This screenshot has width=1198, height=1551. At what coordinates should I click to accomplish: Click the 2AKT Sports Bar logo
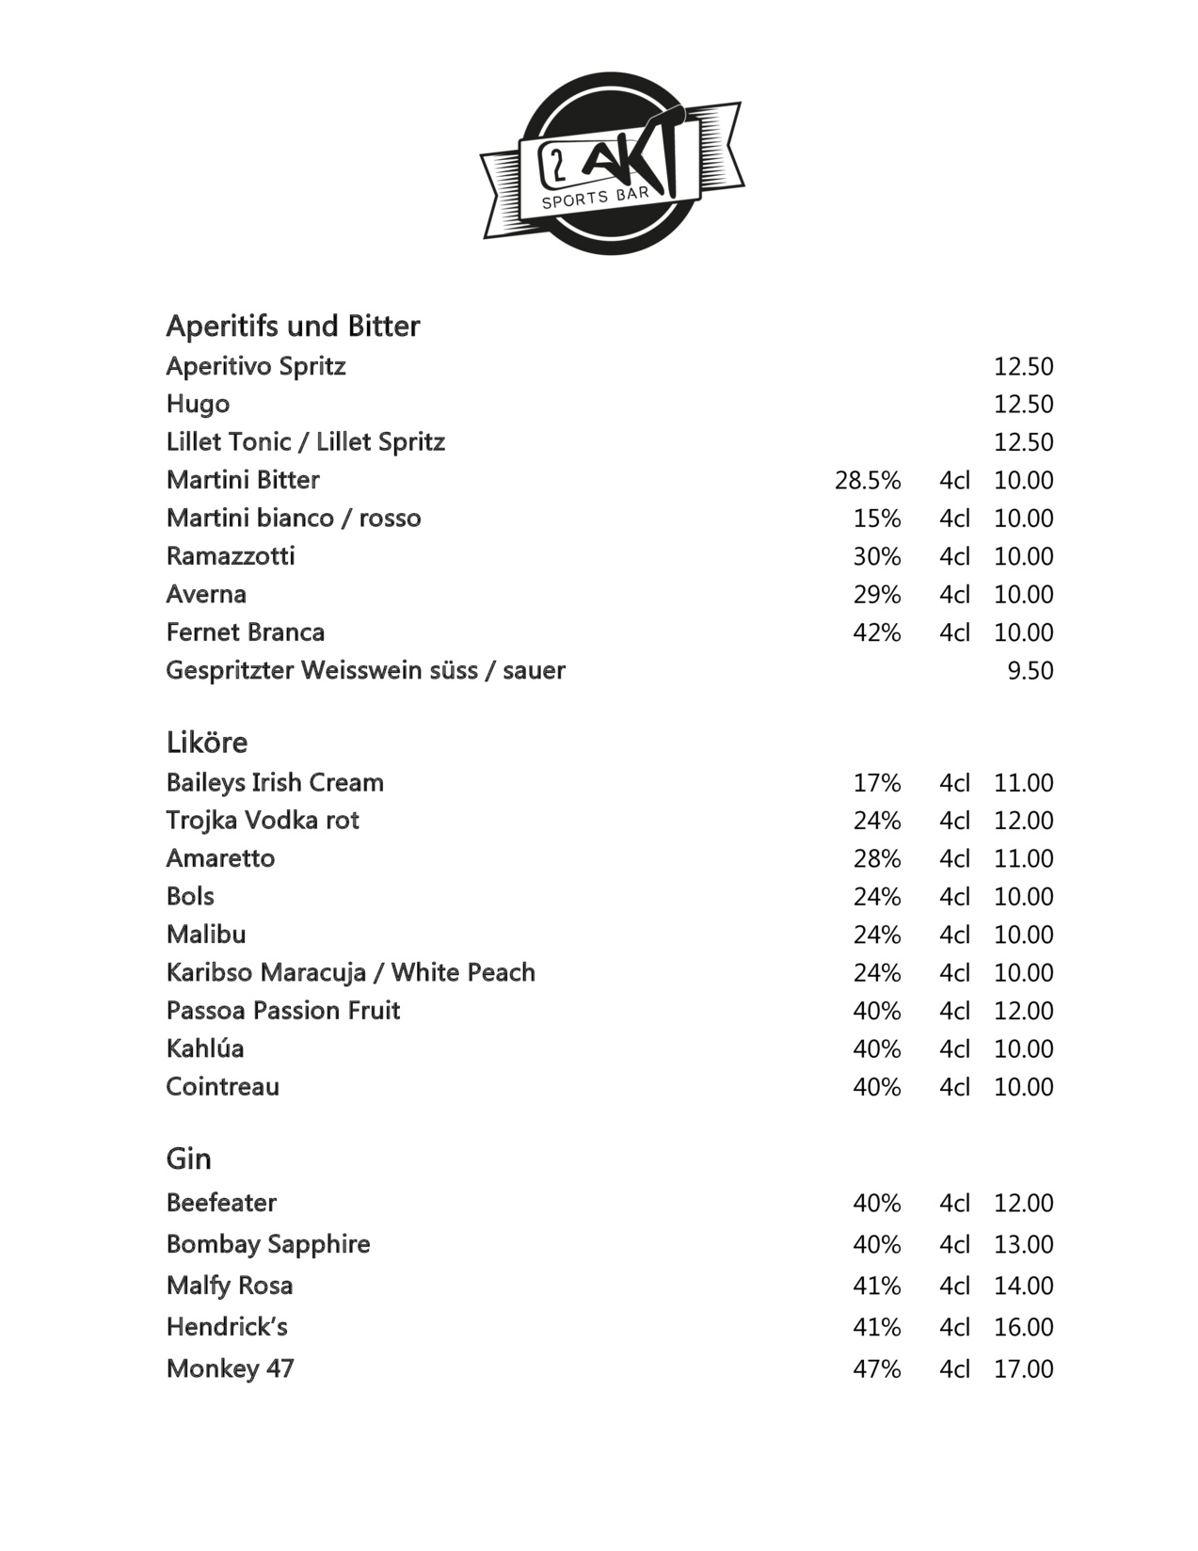(613, 163)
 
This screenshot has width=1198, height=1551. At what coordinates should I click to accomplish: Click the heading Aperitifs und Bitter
(293, 326)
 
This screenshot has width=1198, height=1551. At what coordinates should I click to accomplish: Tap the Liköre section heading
(207, 743)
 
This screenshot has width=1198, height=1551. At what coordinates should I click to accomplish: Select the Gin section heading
(188, 1159)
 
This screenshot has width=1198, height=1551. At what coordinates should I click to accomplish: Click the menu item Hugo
(198, 404)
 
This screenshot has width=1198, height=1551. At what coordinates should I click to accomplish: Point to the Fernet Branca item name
(246, 632)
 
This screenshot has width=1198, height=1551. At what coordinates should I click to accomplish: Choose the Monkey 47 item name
(230, 1368)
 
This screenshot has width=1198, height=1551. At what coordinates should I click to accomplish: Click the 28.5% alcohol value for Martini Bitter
(867, 481)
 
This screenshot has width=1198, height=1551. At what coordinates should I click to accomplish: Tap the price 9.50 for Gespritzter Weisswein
(1030, 671)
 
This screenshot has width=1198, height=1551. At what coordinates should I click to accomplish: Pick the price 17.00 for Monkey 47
(1023, 1369)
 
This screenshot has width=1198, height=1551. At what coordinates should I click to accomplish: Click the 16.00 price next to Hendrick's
(1023, 1327)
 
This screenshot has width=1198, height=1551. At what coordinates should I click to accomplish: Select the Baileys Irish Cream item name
(275, 783)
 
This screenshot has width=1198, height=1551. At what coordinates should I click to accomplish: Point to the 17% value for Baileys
(876, 783)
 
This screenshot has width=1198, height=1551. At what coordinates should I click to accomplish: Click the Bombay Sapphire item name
(268, 1244)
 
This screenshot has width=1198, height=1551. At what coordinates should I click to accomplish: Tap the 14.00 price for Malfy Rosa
(1023, 1286)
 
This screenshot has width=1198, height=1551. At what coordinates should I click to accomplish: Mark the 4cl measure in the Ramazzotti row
(953, 557)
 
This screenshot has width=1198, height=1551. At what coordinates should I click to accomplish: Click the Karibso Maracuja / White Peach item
(350, 973)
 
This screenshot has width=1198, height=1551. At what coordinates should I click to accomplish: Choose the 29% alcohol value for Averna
(876, 595)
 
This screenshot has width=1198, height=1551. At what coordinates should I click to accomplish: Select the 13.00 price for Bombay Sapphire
(1023, 1244)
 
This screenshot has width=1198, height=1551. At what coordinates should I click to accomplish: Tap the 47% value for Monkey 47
(876, 1369)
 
